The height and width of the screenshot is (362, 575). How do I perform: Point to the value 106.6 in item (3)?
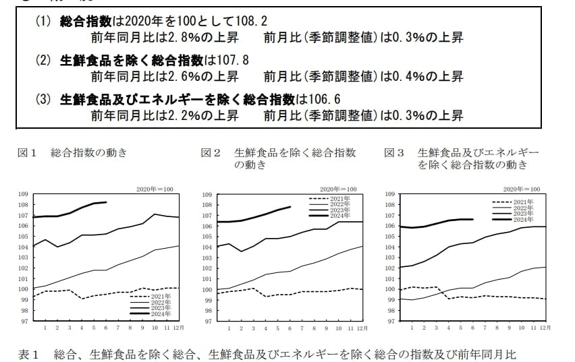[324, 100]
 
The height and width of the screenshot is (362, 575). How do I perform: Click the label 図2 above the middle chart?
[211, 153]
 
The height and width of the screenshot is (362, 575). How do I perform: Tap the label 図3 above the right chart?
[394, 153]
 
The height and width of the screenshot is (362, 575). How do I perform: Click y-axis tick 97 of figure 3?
[390, 321]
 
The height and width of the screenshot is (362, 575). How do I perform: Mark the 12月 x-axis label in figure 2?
[362, 328]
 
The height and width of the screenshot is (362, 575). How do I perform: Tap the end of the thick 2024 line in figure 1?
[106, 202]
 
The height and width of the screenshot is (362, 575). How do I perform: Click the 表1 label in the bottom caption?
[29, 355]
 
